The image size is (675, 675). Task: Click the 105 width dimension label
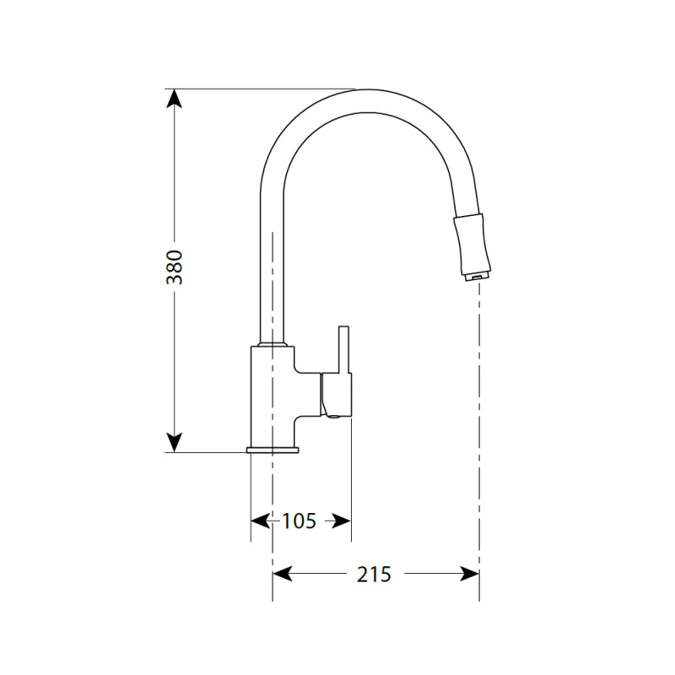[x=299, y=521]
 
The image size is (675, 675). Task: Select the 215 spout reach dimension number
[x=374, y=575]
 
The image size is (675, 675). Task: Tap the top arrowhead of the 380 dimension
[x=175, y=97]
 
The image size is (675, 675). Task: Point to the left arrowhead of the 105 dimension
[x=259, y=521]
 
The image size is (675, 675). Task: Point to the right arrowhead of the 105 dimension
[x=341, y=521]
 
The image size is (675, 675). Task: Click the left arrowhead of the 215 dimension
[x=282, y=575]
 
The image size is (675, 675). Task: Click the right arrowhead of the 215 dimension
[x=470, y=575]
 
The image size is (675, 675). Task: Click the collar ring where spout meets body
[x=273, y=345]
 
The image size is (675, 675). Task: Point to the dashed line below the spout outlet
[x=478, y=422]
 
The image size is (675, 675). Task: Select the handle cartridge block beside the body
[x=335, y=396]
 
